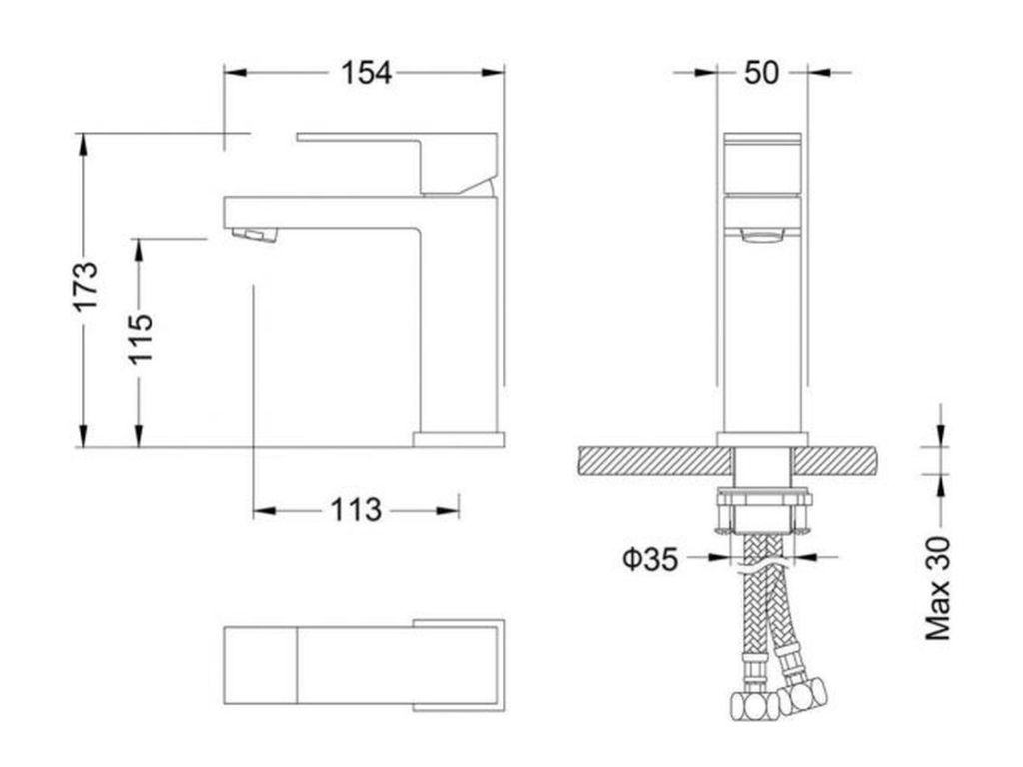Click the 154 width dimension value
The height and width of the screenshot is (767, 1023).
point(367,72)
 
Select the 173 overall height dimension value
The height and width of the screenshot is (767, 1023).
point(86,286)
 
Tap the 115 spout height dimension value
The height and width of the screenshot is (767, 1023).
point(140,339)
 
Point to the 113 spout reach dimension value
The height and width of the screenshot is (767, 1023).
point(356,510)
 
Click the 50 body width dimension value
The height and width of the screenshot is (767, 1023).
point(761,72)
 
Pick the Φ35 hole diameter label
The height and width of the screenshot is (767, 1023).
point(650,559)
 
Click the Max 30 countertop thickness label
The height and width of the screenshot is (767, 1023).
point(938,588)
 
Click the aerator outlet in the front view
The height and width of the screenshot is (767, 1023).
point(761,235)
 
